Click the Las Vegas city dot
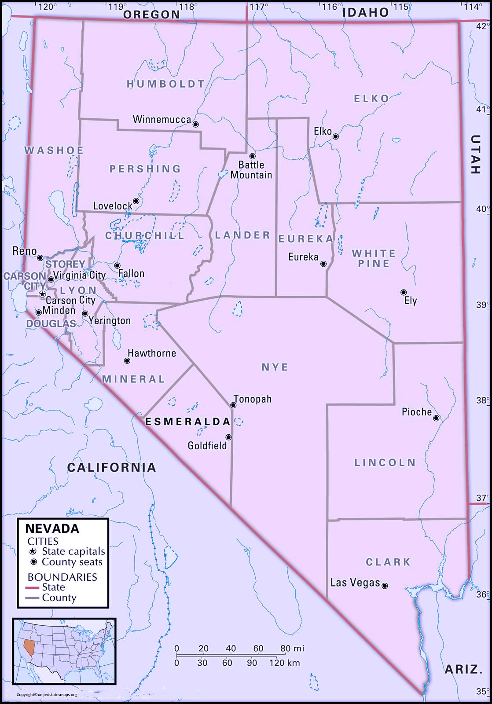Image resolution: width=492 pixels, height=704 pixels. (385, 586)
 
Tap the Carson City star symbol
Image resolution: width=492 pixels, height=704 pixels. (42, 294)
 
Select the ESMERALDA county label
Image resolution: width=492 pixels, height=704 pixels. (188, 422)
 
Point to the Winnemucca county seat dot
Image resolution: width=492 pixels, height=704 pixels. (196, 125)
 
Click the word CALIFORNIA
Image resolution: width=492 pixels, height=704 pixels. (112, 467)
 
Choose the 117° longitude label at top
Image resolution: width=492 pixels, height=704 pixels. (259, 7)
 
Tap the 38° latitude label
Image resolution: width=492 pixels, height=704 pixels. (483, 400)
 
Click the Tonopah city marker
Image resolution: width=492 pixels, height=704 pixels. (234, 405)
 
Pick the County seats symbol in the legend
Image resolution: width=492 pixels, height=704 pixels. (33, 562)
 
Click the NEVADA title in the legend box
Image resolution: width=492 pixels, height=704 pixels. (52, 528)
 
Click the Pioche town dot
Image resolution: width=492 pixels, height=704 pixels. (436, 418)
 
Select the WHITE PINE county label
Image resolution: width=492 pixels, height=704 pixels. (374, 258)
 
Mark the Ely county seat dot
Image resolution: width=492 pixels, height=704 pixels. (404, 292)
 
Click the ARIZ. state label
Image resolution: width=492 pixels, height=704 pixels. (462, 670)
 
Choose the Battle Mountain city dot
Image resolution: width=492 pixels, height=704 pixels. (253, 156)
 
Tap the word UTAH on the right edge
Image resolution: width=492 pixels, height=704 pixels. (475, 154)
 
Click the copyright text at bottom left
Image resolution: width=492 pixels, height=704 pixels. (47, 695)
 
